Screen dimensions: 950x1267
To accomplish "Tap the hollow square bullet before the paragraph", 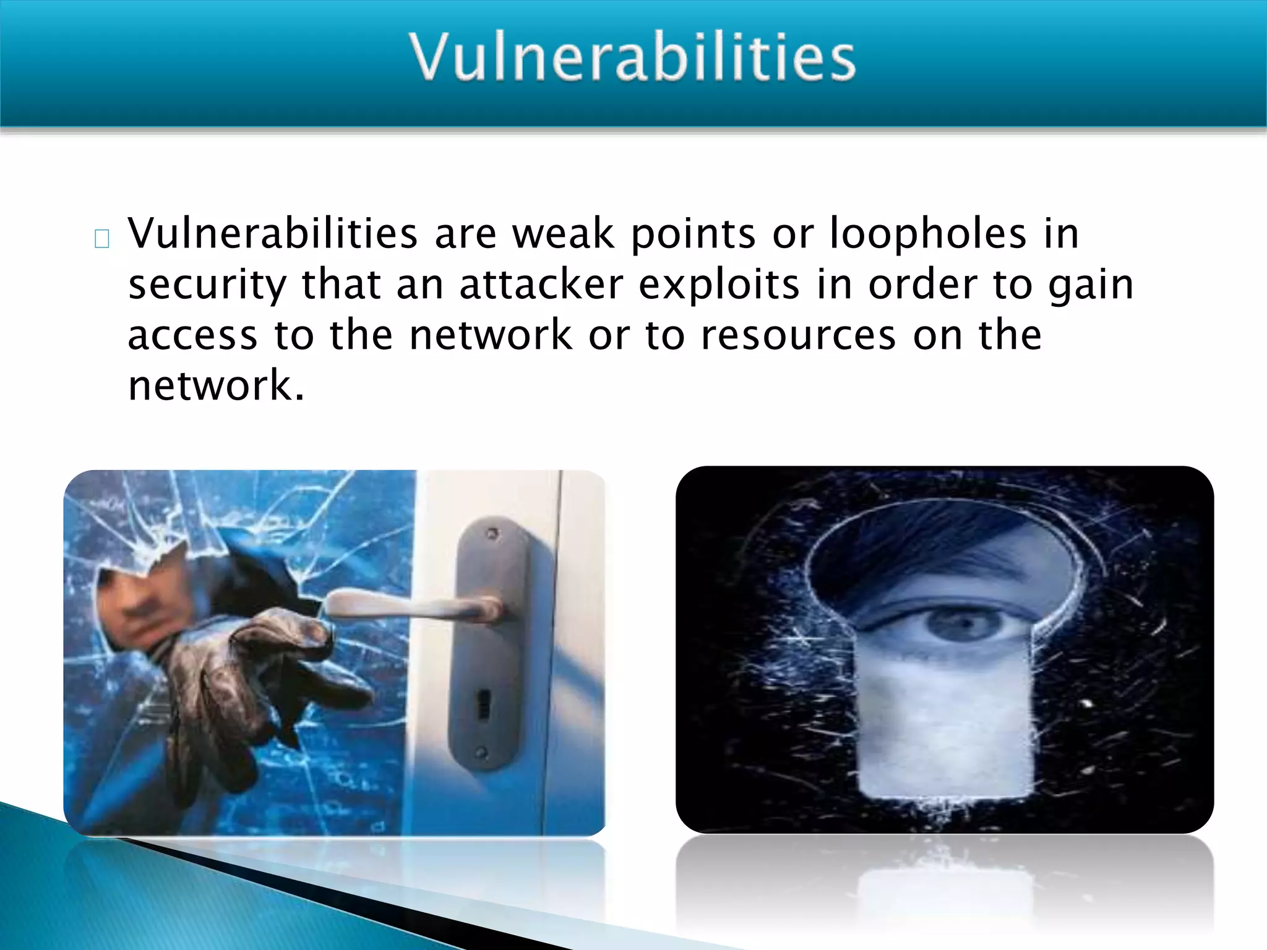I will point(102,239).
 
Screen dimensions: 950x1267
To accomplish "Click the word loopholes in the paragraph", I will point(928,234).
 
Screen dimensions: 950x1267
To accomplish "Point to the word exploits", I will point(719,286).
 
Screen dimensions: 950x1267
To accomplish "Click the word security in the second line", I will point(207,286).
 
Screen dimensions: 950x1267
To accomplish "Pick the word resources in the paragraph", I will point(798,335).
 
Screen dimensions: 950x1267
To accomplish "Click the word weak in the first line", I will point(563,234).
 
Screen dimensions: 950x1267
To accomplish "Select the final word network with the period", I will point(216,386).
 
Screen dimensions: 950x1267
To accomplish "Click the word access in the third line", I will point(192,335).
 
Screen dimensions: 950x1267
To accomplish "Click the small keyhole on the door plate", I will point(482,705).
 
